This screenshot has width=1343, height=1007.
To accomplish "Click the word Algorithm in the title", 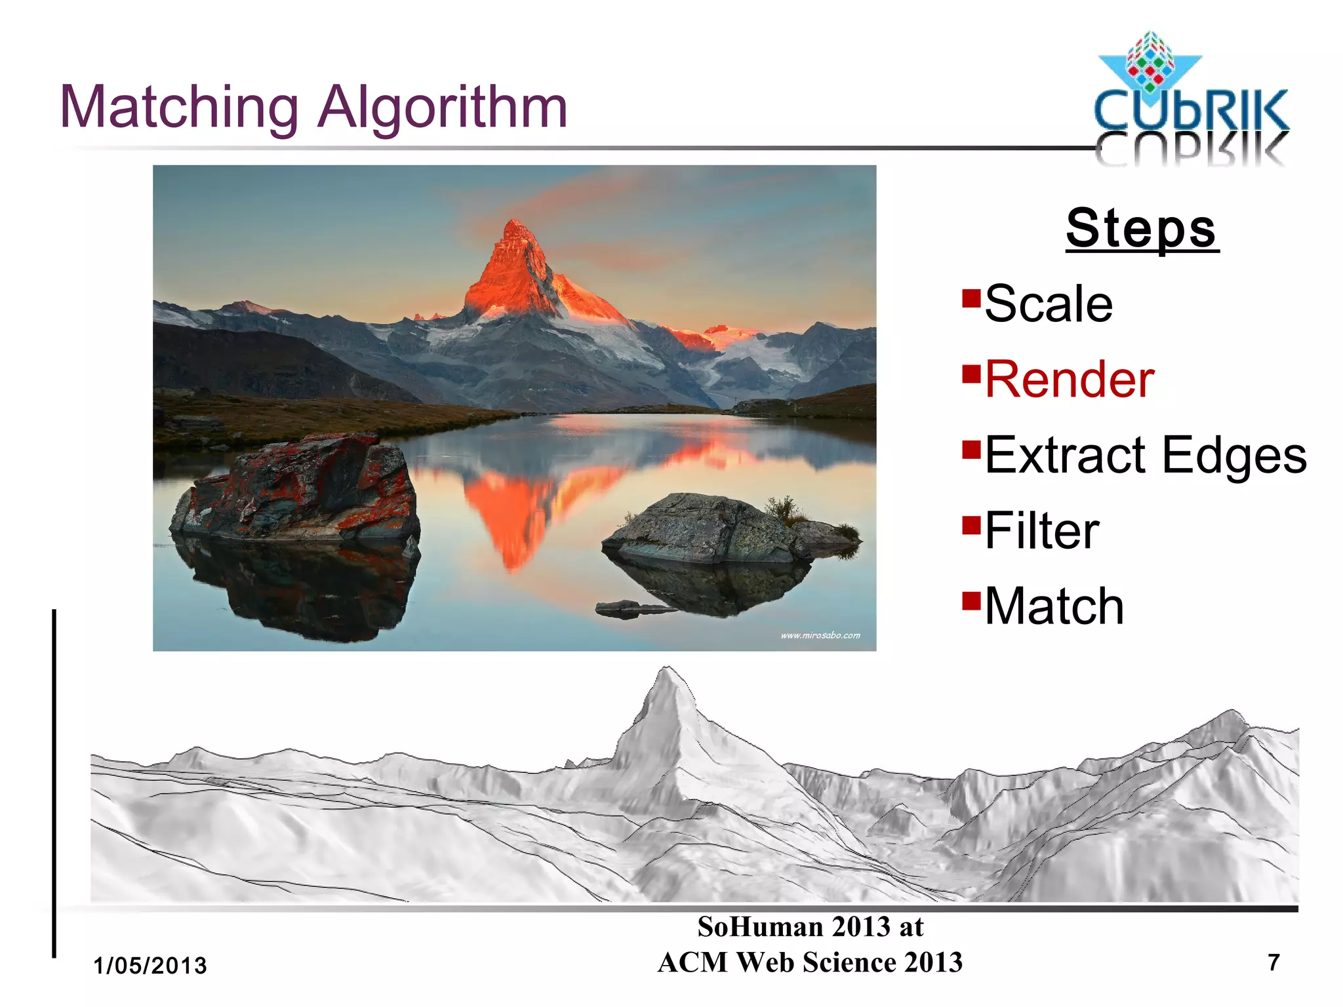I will pos(442,108).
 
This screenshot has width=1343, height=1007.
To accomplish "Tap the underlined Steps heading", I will pos(1141,228).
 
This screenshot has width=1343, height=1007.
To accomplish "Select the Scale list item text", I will pos(1048,304).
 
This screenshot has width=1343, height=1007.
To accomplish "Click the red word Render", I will pos(1069,380).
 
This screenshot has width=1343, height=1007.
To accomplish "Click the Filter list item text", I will pos(1041,531).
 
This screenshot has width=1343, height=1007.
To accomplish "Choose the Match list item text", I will pos(1054,606).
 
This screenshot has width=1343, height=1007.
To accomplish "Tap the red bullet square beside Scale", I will pos(971,298).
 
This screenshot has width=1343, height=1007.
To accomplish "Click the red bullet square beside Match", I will pos(971,601).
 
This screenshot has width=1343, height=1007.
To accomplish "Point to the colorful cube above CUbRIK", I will pos(1149,62).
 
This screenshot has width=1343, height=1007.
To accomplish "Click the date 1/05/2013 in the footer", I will pos(150,966).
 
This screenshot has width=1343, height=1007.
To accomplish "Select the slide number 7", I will pos(1273,962).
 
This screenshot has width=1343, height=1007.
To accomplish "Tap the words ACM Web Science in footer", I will pos(778,962).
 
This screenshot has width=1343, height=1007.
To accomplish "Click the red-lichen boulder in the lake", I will pos(298,488).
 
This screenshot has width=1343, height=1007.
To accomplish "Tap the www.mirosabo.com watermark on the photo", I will pos(820,635).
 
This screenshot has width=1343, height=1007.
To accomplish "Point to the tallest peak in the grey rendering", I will pos(667,672).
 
